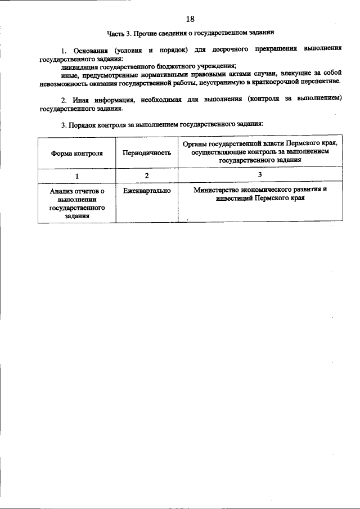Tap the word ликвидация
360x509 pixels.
tap(80, 66)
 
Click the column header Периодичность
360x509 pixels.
tap(146, 152)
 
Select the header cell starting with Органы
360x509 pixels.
tap(260, 152)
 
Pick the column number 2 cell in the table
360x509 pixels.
tap(146, 175)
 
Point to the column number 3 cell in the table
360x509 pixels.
tap(260, 175)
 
